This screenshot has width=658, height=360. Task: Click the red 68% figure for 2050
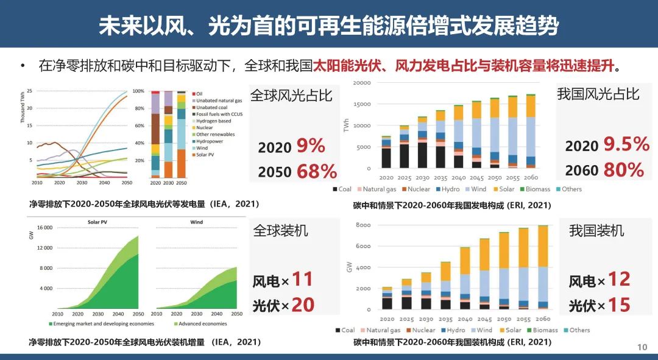(x=316, y=171)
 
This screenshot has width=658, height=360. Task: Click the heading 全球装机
(x=280, y=230)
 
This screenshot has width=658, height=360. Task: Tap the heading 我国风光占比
(x=598, y=94)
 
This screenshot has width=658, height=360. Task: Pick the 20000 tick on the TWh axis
(x=362, y=83)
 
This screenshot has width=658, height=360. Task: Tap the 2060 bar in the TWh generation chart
(x=531, y=131)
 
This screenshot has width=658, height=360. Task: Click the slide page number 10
(x=642, y=347)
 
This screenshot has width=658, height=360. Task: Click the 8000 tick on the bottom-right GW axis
(x=363, y=225)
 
